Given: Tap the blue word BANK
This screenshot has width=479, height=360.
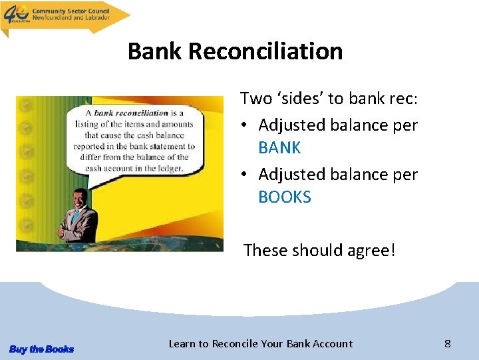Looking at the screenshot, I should click(x=279, y=147).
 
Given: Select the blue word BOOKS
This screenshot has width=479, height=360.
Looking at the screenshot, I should click(x=285, y=197).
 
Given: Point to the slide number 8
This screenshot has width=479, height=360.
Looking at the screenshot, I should click(x=448, y=343).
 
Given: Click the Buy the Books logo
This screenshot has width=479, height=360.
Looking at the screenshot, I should click(x=41, y=349).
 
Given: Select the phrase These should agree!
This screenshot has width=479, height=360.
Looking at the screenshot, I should click(x=319, y=250).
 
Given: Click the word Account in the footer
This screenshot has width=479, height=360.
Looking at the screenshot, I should click(x=329, y=344).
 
